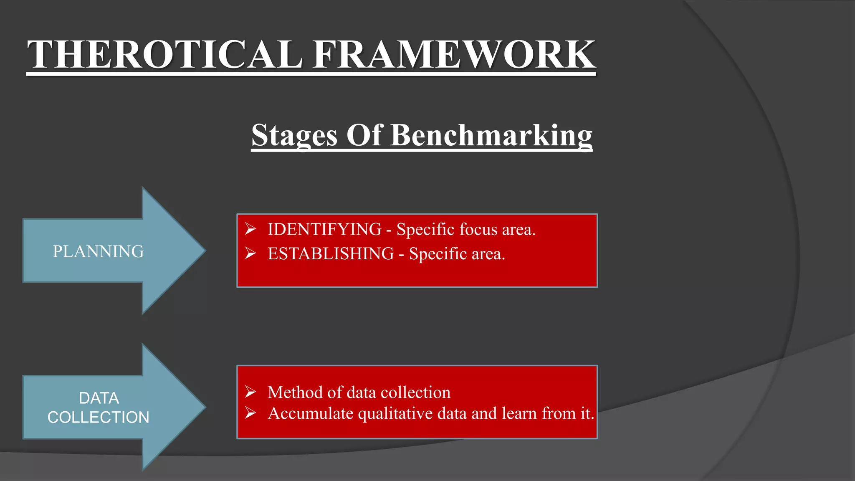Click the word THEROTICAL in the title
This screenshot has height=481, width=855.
[165, 54]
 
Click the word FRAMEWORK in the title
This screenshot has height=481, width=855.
[454, 54]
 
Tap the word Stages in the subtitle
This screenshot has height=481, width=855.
[294, 135]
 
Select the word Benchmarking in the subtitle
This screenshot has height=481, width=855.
[491, 135]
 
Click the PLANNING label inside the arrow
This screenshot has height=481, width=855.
[98, 251]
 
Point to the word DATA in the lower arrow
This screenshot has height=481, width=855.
[99, 398]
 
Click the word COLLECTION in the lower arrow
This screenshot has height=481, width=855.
[98, 417]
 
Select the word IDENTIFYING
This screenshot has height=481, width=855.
[324, 229]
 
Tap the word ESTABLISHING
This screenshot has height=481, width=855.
[331, 253]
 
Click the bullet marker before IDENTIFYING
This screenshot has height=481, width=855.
[250, 229]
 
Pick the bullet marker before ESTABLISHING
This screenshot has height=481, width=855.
[250, 253]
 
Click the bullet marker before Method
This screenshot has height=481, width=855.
[250, 392]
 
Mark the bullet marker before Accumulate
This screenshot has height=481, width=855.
[250, 413]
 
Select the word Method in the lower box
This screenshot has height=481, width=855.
[295, 392]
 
